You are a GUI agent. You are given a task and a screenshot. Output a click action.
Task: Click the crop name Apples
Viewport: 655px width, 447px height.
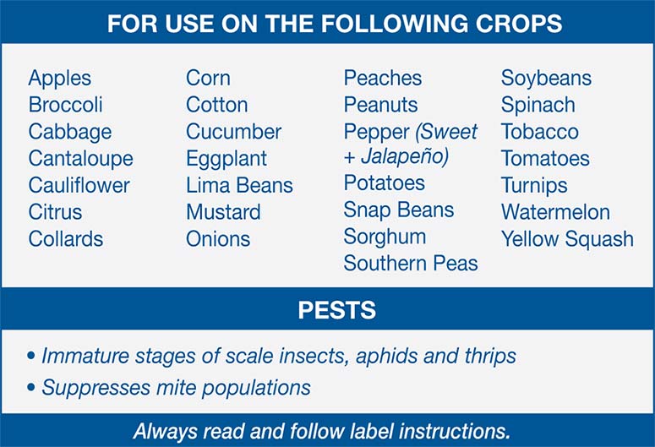click(x=59, y=79)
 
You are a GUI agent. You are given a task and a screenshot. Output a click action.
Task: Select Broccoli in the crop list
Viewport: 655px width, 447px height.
click(x=65, y=106)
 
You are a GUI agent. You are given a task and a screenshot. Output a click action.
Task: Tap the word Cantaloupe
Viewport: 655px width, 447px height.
click(x=80, y=159)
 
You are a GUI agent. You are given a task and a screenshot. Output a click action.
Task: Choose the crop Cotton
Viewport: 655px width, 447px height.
click(x=216, y=106)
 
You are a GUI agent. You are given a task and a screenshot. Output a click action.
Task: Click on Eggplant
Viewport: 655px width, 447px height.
click(x=226, y=159)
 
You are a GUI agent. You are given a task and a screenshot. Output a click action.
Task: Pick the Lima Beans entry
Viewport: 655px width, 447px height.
click(x=239, y=185)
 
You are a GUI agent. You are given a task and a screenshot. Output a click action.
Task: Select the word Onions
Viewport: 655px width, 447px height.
click(x=217, y=239)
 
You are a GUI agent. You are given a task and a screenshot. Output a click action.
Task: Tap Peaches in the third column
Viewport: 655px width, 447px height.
click(x=383, y=79)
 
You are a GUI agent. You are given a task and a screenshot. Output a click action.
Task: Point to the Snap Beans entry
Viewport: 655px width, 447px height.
click(x=398, y=210)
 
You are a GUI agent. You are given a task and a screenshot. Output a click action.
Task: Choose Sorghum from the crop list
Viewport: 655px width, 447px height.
click(x=384, y=237)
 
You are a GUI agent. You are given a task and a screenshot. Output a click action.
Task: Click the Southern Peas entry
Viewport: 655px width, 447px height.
click(x=410, y=264)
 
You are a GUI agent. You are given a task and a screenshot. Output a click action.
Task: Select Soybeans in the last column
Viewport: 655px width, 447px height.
click(x=546, y=79)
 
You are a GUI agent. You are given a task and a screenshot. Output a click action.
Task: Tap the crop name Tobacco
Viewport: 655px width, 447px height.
click(x=539, y=132)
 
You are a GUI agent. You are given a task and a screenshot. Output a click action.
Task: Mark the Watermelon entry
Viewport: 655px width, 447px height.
click(x=554, y=212)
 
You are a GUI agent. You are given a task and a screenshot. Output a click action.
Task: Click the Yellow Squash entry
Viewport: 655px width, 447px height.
click(x=566, y=239)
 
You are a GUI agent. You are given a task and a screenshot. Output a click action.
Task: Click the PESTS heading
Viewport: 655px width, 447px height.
click(x=336, y=310)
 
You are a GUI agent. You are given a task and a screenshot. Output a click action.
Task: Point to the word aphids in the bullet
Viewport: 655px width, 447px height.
click(x=387, y=356)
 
